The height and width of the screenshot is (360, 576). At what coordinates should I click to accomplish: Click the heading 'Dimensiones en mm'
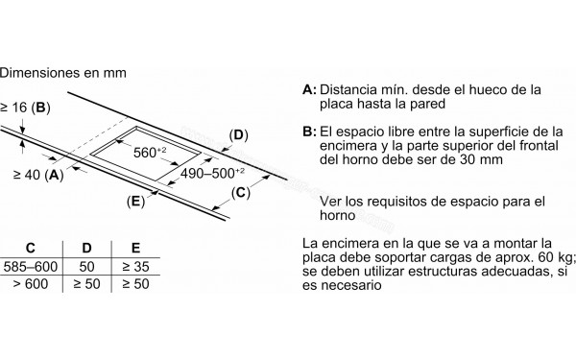[x=63, y=71]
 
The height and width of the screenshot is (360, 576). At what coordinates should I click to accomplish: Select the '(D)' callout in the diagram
[x=239, y=134]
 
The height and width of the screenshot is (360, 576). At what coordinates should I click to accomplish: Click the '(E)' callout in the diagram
[x=135, y=201]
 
